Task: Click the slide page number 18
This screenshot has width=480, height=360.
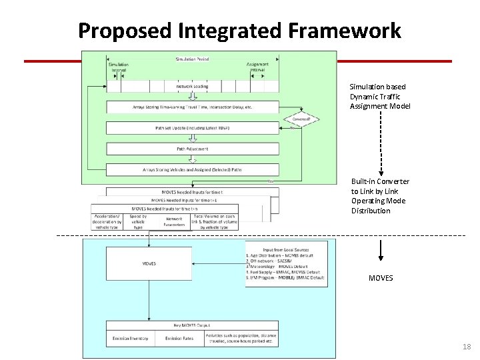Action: [466, 347]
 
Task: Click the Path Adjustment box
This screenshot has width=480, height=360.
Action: [192, 149]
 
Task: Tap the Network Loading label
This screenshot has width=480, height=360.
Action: [192, 86]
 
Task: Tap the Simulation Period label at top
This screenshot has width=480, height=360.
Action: [192, 59]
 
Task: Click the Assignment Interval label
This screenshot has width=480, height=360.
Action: [257, 67]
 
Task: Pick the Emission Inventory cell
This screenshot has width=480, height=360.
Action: [130, 339]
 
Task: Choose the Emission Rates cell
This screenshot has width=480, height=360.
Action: [179, 339]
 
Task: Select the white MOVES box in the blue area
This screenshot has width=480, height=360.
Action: [149, 263]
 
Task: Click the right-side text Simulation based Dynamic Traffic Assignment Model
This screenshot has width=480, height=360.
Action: [380, 97]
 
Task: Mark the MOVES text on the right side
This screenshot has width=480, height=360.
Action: [381, 278]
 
